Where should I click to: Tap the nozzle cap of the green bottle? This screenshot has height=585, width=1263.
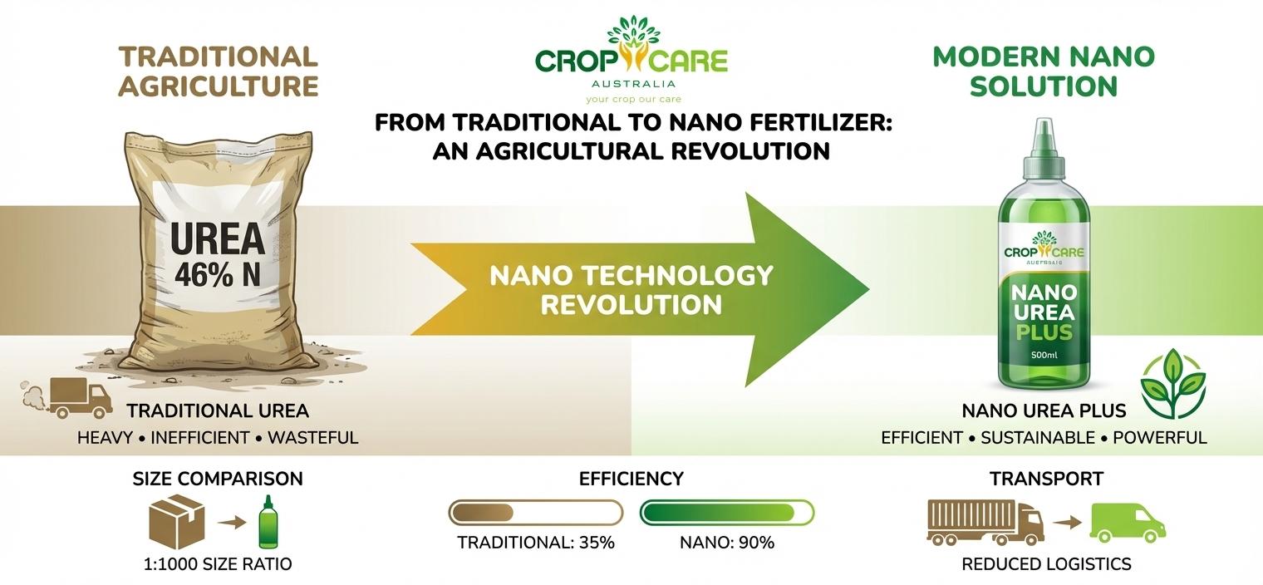click(x=1044, y=141)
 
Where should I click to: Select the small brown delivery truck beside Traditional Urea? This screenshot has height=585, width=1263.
click(x=80, y=397)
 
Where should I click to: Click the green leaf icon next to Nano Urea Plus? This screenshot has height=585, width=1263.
click(x=1172, y=382)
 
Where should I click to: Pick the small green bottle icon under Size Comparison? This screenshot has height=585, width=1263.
click(x=267, y=523)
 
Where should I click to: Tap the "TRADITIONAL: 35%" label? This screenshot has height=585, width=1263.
click(x=536, y=543)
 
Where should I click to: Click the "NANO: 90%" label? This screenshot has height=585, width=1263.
click(x=727, y=543)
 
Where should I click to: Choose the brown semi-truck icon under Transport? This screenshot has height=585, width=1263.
click(x=985, y=523)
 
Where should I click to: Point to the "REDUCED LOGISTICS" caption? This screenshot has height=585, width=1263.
click(x=1046, y=564)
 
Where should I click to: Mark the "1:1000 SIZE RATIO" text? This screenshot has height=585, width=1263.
click(x=218, y=564)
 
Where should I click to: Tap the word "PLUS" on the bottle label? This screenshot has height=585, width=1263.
click(x=1044, y=333)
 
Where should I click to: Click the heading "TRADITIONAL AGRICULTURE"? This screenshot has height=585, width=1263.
click(x=219, y=71)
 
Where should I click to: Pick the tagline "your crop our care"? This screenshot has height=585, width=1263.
click(x=631, y=98)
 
